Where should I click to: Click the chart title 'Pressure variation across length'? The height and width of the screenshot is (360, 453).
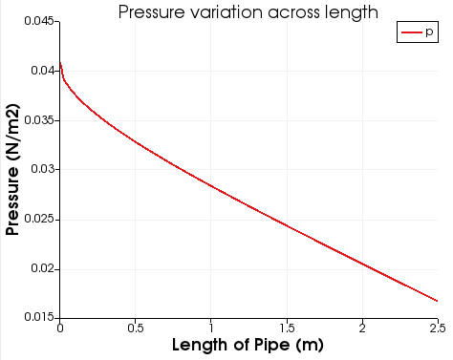click(x=248, y=12)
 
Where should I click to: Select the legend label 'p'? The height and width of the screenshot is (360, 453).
click(x=429, y=32)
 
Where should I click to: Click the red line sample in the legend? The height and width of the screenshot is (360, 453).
click(x=411, y=32)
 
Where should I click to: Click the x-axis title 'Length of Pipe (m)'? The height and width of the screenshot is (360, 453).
click(x=248, y=344)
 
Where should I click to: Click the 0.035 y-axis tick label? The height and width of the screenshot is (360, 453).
click(x=36, y=120)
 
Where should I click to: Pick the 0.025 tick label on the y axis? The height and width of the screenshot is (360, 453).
click(x=36, y=220)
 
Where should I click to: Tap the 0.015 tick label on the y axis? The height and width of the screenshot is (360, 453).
click(x=36, y=318)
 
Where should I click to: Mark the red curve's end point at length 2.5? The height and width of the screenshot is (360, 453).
click(x=437, y=301)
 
